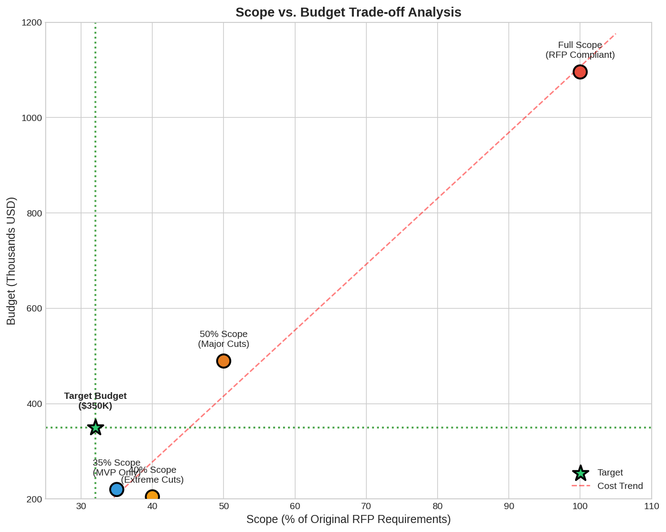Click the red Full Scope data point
coord(580,72)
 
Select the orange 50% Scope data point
coord(223,361)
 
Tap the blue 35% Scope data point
coord(116,489)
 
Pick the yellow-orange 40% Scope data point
coord(152,496)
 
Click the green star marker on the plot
coord(95,428)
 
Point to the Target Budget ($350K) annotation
coord(95,401)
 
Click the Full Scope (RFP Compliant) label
coord(580,50)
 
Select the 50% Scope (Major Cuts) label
coord(223,339)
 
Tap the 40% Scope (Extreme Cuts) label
coord(153,475)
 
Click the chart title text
coord(348,12)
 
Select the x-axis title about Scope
coord(348,519)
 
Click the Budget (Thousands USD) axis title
coord(11,261)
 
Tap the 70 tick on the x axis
coord(366,506)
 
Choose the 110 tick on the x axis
coord(651,506)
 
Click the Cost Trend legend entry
coord(620,486)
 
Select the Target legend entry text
coord(610,472)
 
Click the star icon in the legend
coord(580,473)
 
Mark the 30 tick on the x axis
coord(81,506)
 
